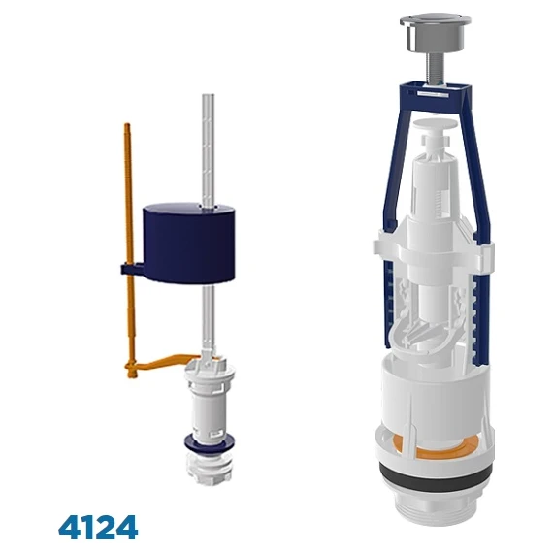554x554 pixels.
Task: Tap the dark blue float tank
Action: (189, 244)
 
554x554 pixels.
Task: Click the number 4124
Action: (98, 527)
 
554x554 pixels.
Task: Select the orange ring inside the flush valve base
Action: (439, 449)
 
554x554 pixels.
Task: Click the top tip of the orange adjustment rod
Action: (127, 124)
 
